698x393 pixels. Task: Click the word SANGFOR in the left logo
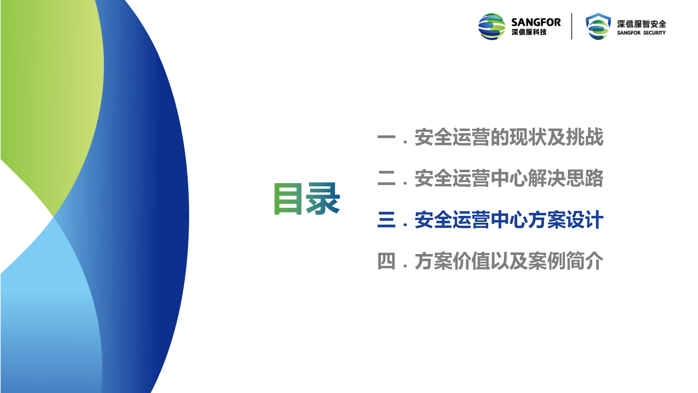click(536, 22)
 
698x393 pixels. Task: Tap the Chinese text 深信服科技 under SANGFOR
click(529, 32)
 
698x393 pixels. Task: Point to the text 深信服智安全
click(642, 24)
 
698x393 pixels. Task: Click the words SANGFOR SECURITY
click(641, 33)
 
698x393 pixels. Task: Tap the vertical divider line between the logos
click(572, 26)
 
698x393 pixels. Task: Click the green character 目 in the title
click(288, 199)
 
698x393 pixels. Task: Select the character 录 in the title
click(323, 198)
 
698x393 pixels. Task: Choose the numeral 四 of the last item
click(386, 261)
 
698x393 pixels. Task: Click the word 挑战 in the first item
click(585, 137)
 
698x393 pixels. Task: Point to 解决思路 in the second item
click(566, 178)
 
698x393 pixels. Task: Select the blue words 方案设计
click(566, 220)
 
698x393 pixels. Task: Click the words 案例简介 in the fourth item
click(566, 261)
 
